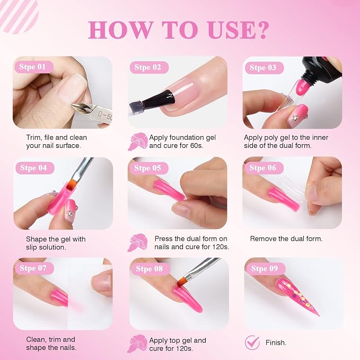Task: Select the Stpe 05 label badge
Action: coord(148,168)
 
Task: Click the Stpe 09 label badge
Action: coord(265,268)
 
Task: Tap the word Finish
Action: coord(276,343)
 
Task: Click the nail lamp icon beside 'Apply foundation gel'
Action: coord(137,142)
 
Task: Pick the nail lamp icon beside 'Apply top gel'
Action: coord(137,344)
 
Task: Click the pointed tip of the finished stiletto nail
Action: coord(319,315)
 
